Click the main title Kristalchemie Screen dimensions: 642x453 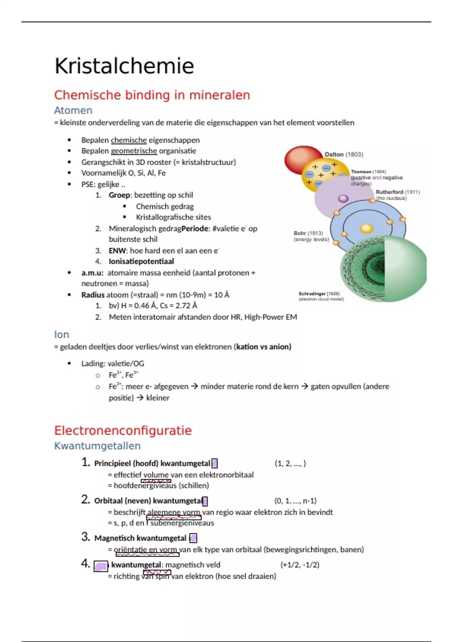point(124,66)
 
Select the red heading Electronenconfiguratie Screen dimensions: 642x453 point(123,431)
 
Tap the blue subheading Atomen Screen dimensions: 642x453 point(73,110)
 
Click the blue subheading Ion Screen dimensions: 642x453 point(61,335)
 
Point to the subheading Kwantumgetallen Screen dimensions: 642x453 point(97,446)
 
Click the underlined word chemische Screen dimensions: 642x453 point(129,140)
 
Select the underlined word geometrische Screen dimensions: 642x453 point(134,151)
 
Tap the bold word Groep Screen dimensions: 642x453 point(119,195)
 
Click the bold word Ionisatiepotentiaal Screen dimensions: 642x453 point(141,261)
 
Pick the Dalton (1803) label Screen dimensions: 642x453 point(344,154)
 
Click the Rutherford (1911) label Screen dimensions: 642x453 point(398,192)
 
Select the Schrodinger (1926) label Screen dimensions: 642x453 point(319,294)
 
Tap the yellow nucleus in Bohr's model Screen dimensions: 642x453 point(366,228)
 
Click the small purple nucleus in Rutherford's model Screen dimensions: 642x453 point(343,198)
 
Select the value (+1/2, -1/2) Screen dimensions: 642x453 point(299,565)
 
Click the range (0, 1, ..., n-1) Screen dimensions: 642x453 point(295,501)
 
